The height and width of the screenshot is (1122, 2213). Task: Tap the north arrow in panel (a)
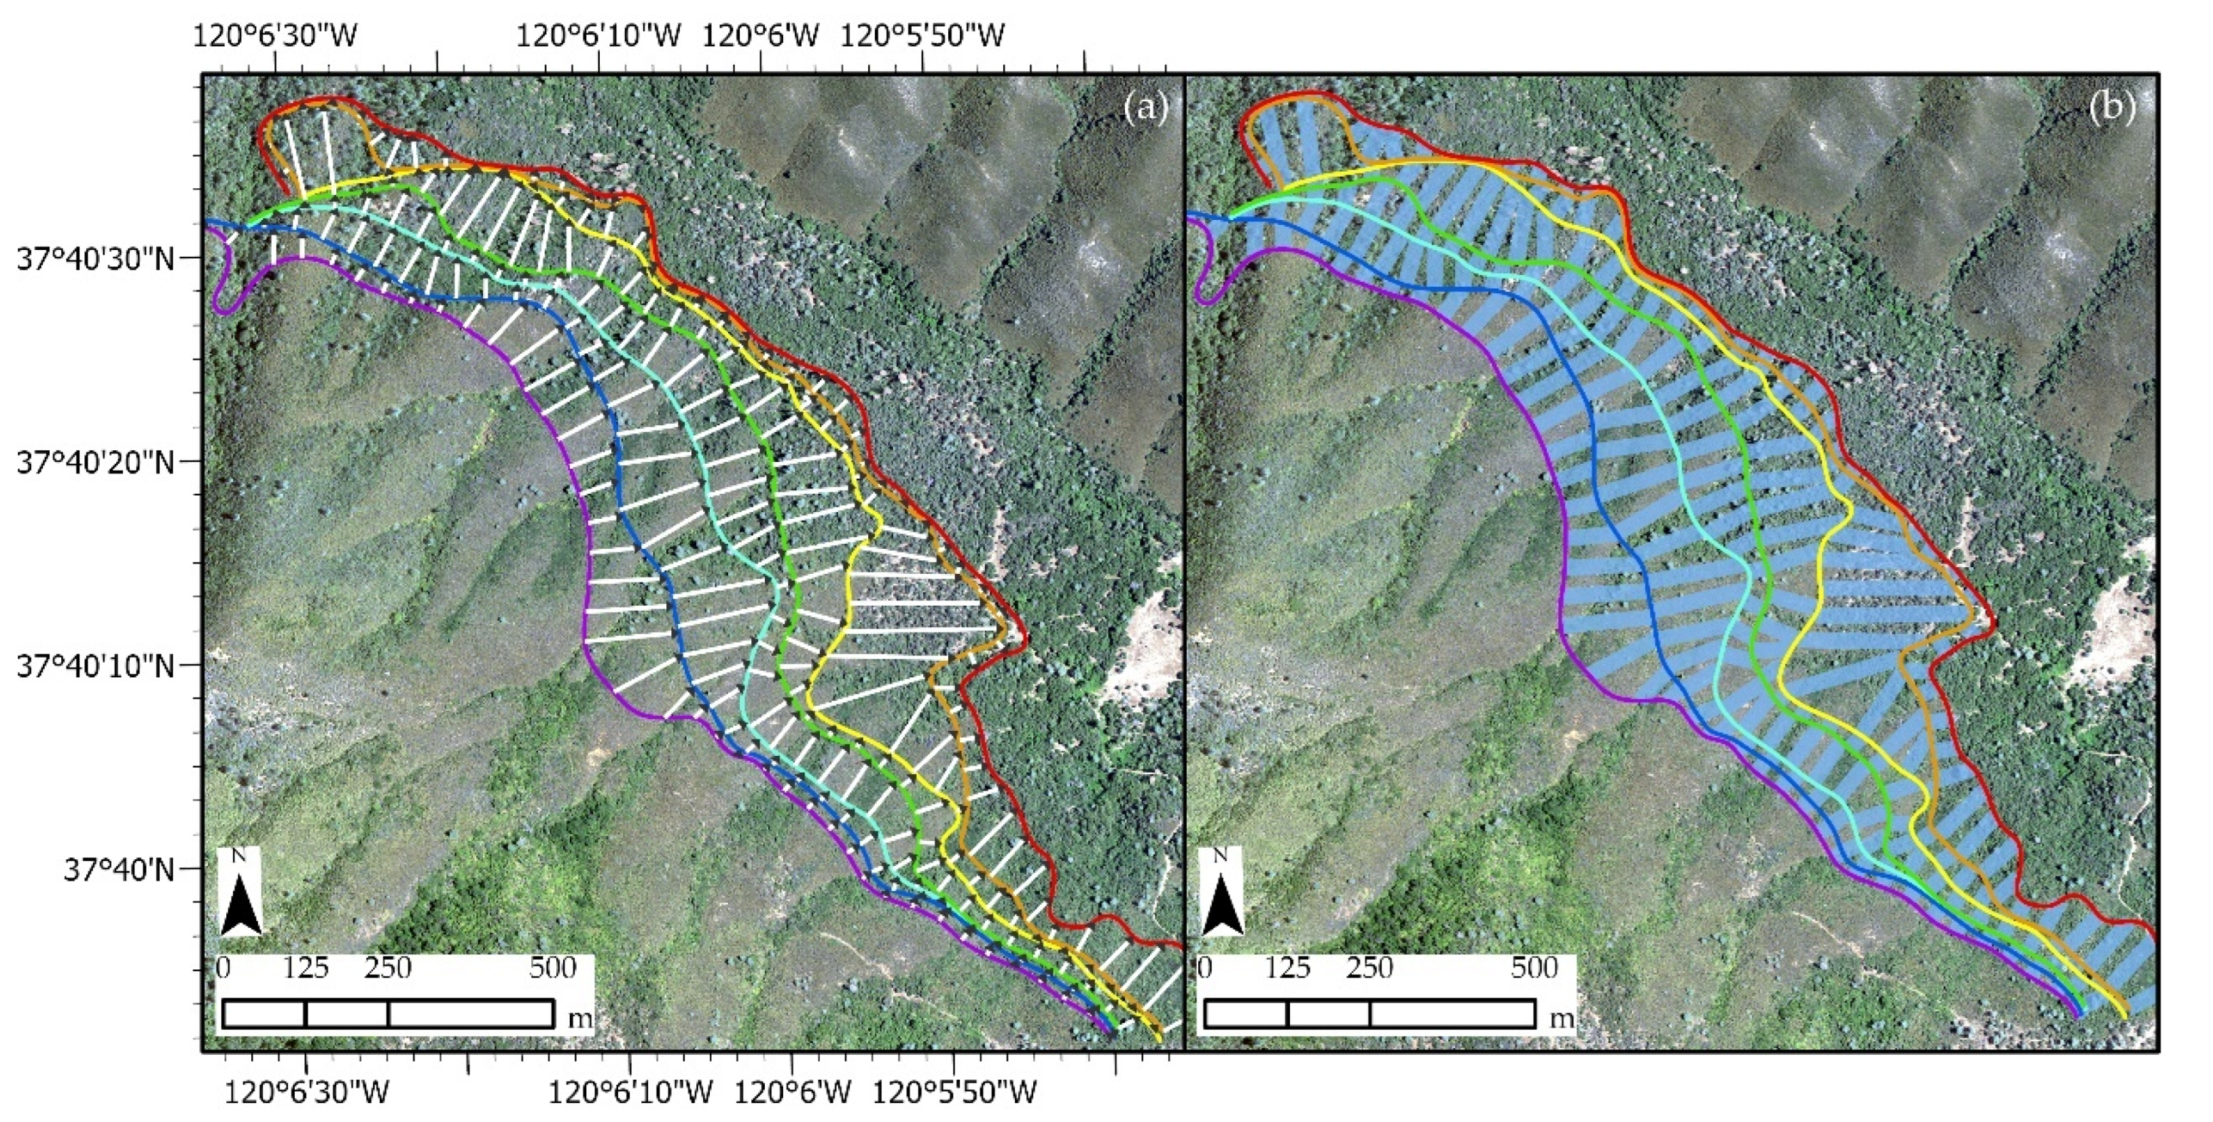(240, 894)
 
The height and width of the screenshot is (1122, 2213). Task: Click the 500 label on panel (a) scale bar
(552, 969)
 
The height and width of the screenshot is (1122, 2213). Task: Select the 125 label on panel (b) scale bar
(1288, 969)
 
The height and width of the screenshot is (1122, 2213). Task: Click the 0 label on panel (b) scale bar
(1204, 969)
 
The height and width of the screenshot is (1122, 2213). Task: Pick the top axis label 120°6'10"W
(599, 36)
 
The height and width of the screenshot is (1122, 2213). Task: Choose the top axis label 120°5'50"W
(922, 36)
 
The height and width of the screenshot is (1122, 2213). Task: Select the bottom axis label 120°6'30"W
(307, 1093)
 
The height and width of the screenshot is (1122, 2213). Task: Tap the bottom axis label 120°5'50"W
(954, 1093)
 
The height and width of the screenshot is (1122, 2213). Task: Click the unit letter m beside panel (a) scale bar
(581, 1019)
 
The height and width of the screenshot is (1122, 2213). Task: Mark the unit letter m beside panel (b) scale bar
(1563, 1019)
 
